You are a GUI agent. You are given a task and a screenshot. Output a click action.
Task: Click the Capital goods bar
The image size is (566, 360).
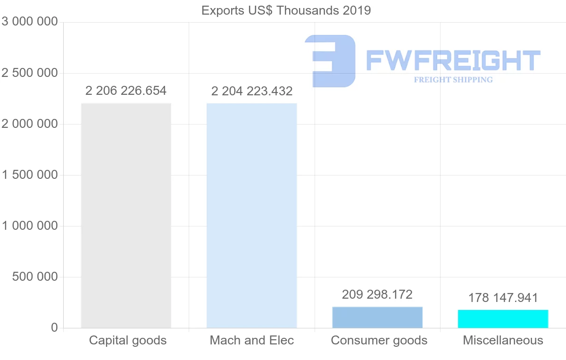click(126, 215)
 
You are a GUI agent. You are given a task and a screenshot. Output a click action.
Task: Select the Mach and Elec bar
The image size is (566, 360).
click(252, 215)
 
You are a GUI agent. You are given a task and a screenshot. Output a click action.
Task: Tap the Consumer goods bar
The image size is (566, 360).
click(377, 317)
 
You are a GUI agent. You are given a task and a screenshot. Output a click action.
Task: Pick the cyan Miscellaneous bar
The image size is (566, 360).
click(503, 318)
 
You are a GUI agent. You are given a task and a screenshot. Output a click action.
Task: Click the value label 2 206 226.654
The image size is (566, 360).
click(126, 91)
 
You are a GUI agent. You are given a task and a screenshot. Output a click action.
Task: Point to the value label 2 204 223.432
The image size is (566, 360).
click(252, 91)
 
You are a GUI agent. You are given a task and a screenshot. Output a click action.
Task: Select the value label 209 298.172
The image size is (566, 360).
click(377, 295)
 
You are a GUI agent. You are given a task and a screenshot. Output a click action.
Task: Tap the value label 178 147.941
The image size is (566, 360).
click(503, 298)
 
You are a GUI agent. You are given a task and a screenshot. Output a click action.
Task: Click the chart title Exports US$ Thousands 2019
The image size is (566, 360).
click(286, 10)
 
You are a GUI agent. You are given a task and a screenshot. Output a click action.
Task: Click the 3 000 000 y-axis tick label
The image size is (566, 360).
click(30, 22)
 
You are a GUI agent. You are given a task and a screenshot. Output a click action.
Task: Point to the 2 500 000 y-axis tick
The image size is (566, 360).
click(30, 73)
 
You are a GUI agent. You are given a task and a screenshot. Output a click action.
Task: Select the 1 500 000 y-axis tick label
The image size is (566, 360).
click(30, 175)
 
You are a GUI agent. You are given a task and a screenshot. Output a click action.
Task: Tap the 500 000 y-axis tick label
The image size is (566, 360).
click(34, 277)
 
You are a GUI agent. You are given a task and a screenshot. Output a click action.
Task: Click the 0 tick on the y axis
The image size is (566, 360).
click(54, 328)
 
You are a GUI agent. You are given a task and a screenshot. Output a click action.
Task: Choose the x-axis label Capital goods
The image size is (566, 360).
click(128, 340)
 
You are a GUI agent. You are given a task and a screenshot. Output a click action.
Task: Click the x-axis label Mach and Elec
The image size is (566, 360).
click(252, 340)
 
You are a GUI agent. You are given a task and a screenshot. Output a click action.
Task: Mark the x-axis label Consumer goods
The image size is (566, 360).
click(379, 340)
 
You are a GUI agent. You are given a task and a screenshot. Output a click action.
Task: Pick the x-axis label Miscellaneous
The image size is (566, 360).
click(503, 340)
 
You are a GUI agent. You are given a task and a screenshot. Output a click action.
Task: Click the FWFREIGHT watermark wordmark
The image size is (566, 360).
click(453, 60)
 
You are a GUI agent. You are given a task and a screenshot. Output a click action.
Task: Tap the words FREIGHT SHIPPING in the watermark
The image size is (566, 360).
click(453, 80)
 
